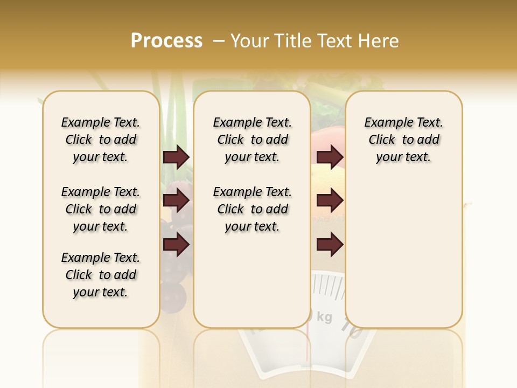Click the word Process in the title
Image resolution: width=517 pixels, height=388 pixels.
pyautogui.click(x=166, y=41)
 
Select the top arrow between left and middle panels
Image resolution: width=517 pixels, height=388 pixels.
pyautogui.click(x=176, y=157)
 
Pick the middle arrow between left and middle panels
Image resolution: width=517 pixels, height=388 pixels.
pyautogui.click(x=176, y=201)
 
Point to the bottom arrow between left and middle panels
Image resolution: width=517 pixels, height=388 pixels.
pyautogui.click(x=176, y=245)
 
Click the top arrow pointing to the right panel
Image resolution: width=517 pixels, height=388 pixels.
pyautogui.click(x=330, y=157)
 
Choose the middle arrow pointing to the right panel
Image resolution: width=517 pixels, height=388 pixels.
pyautogui.click(x=330, y=201)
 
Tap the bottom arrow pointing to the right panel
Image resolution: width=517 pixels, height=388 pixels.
pyautogui.click(x=330, y=245)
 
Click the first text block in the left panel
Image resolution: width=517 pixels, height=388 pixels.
pyautogui.click(x=101, y=140)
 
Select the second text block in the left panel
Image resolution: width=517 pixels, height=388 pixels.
pyautogui.click(x=101, y=209)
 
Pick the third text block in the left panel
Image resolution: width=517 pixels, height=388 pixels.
pyautogui.click(x=101, y=275)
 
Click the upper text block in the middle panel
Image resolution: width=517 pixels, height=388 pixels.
pyautogui.click(x=252, y=140)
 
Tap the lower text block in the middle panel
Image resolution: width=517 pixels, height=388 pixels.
pyautogui.click(x=252, y=209)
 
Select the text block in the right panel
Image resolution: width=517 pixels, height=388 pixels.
pyautogui.click(x=403, y=140)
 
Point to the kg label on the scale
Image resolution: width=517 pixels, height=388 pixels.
pyautogui.click(x=324, y=317)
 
